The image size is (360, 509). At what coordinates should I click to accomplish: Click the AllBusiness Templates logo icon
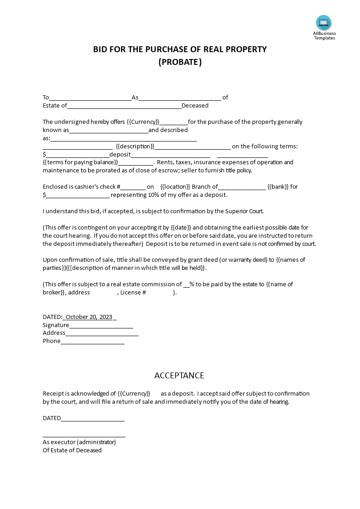(x=324, y=23)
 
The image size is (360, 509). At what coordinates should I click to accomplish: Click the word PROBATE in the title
(x=180, y=62)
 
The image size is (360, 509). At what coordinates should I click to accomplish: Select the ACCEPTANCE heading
(x=179, y=376)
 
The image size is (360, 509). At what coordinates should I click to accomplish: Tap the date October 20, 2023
(x=89, y=317)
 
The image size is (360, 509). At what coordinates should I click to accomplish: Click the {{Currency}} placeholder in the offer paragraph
(x=143, y=122)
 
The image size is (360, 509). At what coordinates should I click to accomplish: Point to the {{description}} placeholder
(x=135, y=147)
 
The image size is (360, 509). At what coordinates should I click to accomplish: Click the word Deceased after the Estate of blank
(x=195, y=106)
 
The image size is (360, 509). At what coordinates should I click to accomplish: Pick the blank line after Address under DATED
(x=102, y=333)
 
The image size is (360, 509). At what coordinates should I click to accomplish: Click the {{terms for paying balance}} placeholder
(x=80, y=162)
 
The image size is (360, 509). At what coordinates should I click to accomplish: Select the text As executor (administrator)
(x=79, y=442)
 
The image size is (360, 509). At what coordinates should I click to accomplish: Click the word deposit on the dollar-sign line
(x=120, y=155)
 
